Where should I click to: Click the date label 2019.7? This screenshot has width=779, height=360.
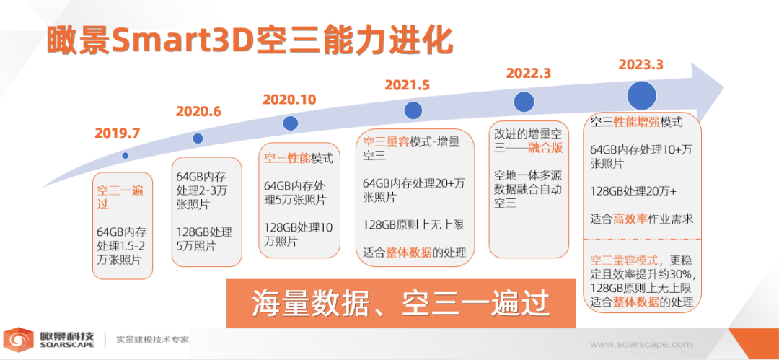click(118, 133)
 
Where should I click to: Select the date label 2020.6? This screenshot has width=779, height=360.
click(198, 112)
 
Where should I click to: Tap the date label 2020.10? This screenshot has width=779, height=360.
click(289, 100)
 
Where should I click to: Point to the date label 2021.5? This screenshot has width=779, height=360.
click(407, 85)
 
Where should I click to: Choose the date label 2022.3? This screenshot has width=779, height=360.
click(529, 73)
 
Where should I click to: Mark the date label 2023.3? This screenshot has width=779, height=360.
click(641, 65)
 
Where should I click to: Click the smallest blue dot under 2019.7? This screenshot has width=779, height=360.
click(126, 156)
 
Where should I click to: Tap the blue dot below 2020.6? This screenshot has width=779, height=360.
click(198, 139)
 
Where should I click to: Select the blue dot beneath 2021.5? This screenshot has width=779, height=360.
click(413, 110)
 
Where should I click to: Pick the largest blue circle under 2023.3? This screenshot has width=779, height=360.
click(642, 95)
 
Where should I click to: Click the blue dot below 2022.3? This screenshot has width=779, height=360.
click(524, 102)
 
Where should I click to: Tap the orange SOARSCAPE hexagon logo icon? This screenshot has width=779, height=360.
click(19, 340)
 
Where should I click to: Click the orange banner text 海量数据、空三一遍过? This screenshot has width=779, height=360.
click(400, 303)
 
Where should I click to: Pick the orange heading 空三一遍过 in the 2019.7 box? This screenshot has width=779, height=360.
click(119, 197)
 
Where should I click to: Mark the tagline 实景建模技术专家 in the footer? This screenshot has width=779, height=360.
click(152, 340)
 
